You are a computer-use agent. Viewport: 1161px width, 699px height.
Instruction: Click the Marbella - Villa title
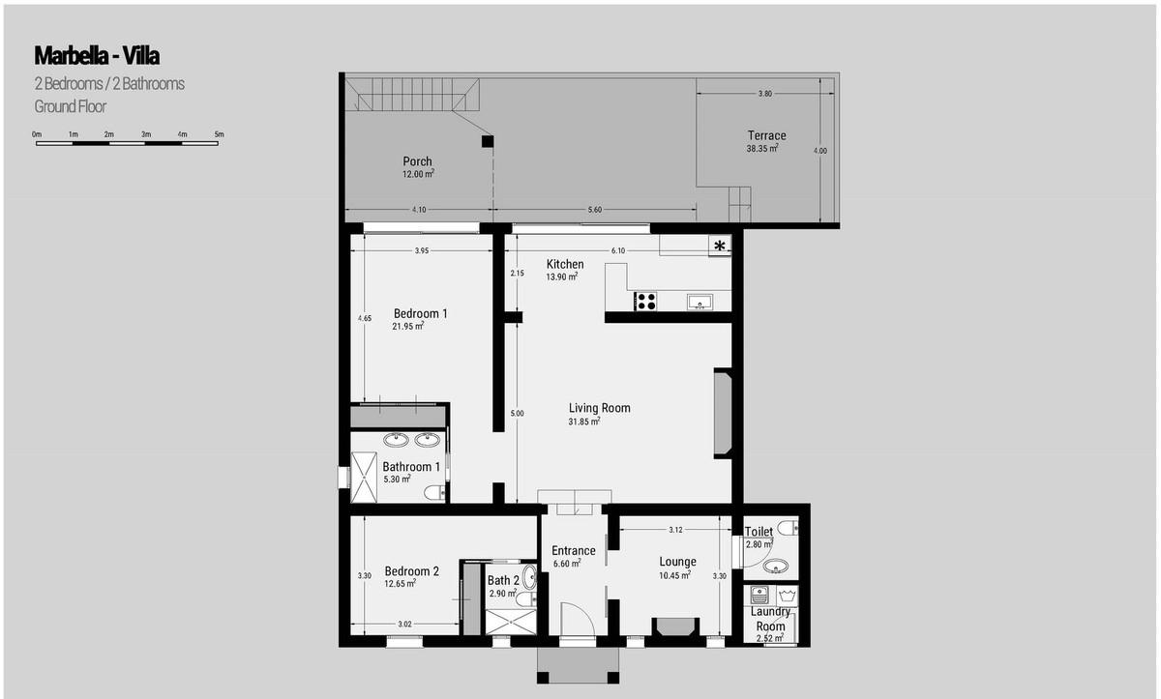(x=97, y=56)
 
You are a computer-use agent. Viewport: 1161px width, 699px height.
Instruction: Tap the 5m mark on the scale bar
(x=220, y=134)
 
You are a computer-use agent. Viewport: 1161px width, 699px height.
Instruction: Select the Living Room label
(x=600, y=408)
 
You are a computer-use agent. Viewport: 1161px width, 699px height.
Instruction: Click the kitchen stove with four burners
(x=646, y=302)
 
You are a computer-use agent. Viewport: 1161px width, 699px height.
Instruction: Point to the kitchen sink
(x=700, y=302)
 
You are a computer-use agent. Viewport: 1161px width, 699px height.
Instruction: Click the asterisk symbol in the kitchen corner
(x=720, y=246)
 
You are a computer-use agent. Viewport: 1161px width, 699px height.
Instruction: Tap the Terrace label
(x=766, y=135)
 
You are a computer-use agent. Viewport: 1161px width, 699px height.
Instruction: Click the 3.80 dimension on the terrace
(x=765, y=94)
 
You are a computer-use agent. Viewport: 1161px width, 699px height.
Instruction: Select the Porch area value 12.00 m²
(x=418, y=174)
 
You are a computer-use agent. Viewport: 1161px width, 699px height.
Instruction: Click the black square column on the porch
(x=488, y=141)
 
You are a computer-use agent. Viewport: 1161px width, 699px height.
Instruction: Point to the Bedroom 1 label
(x=420, y=314)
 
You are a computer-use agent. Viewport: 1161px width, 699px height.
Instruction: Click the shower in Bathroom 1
(x=364, y=477)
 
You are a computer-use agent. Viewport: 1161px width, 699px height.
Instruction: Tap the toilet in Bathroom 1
(x=434, y=492)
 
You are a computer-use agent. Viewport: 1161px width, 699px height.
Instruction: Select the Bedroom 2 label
(x=411, y=571)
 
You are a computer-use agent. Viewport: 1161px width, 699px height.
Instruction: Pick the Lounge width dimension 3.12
(x=675, y=530)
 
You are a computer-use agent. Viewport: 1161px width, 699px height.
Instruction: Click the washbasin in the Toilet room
(x=775, y=566)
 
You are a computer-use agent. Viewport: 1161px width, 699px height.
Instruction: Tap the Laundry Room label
(x=770, y=619)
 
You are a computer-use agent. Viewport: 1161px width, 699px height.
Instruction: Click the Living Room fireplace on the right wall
(x=723, y=413)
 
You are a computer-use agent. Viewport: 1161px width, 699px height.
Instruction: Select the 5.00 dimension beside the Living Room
(x=517, y=413)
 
